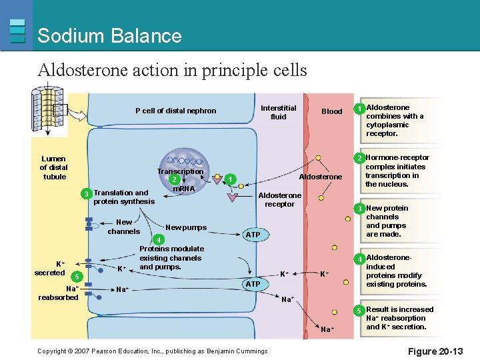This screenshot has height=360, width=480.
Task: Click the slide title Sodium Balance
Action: pos(109,35)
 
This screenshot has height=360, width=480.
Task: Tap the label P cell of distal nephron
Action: pos(175,111)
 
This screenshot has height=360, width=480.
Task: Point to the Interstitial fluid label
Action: pos(278,111)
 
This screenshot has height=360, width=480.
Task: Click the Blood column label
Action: pos(331,111)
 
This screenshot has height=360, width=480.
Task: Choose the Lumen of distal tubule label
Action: pos(53,168)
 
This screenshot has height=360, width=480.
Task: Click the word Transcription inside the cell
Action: pos(180,171)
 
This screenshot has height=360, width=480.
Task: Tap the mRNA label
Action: pos(183,189)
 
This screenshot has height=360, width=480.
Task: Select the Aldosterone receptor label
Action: pos(279,199)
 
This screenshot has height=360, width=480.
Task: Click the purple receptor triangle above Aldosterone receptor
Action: pos(232,197)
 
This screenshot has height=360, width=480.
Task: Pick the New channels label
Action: pos(124,227)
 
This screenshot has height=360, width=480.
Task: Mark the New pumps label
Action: pos(186,227)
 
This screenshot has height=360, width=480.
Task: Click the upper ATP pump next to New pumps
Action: pos(252,235)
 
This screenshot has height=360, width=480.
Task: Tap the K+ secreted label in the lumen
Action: pos(51,268)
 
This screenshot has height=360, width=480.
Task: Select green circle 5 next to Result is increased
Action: pos(359,311)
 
